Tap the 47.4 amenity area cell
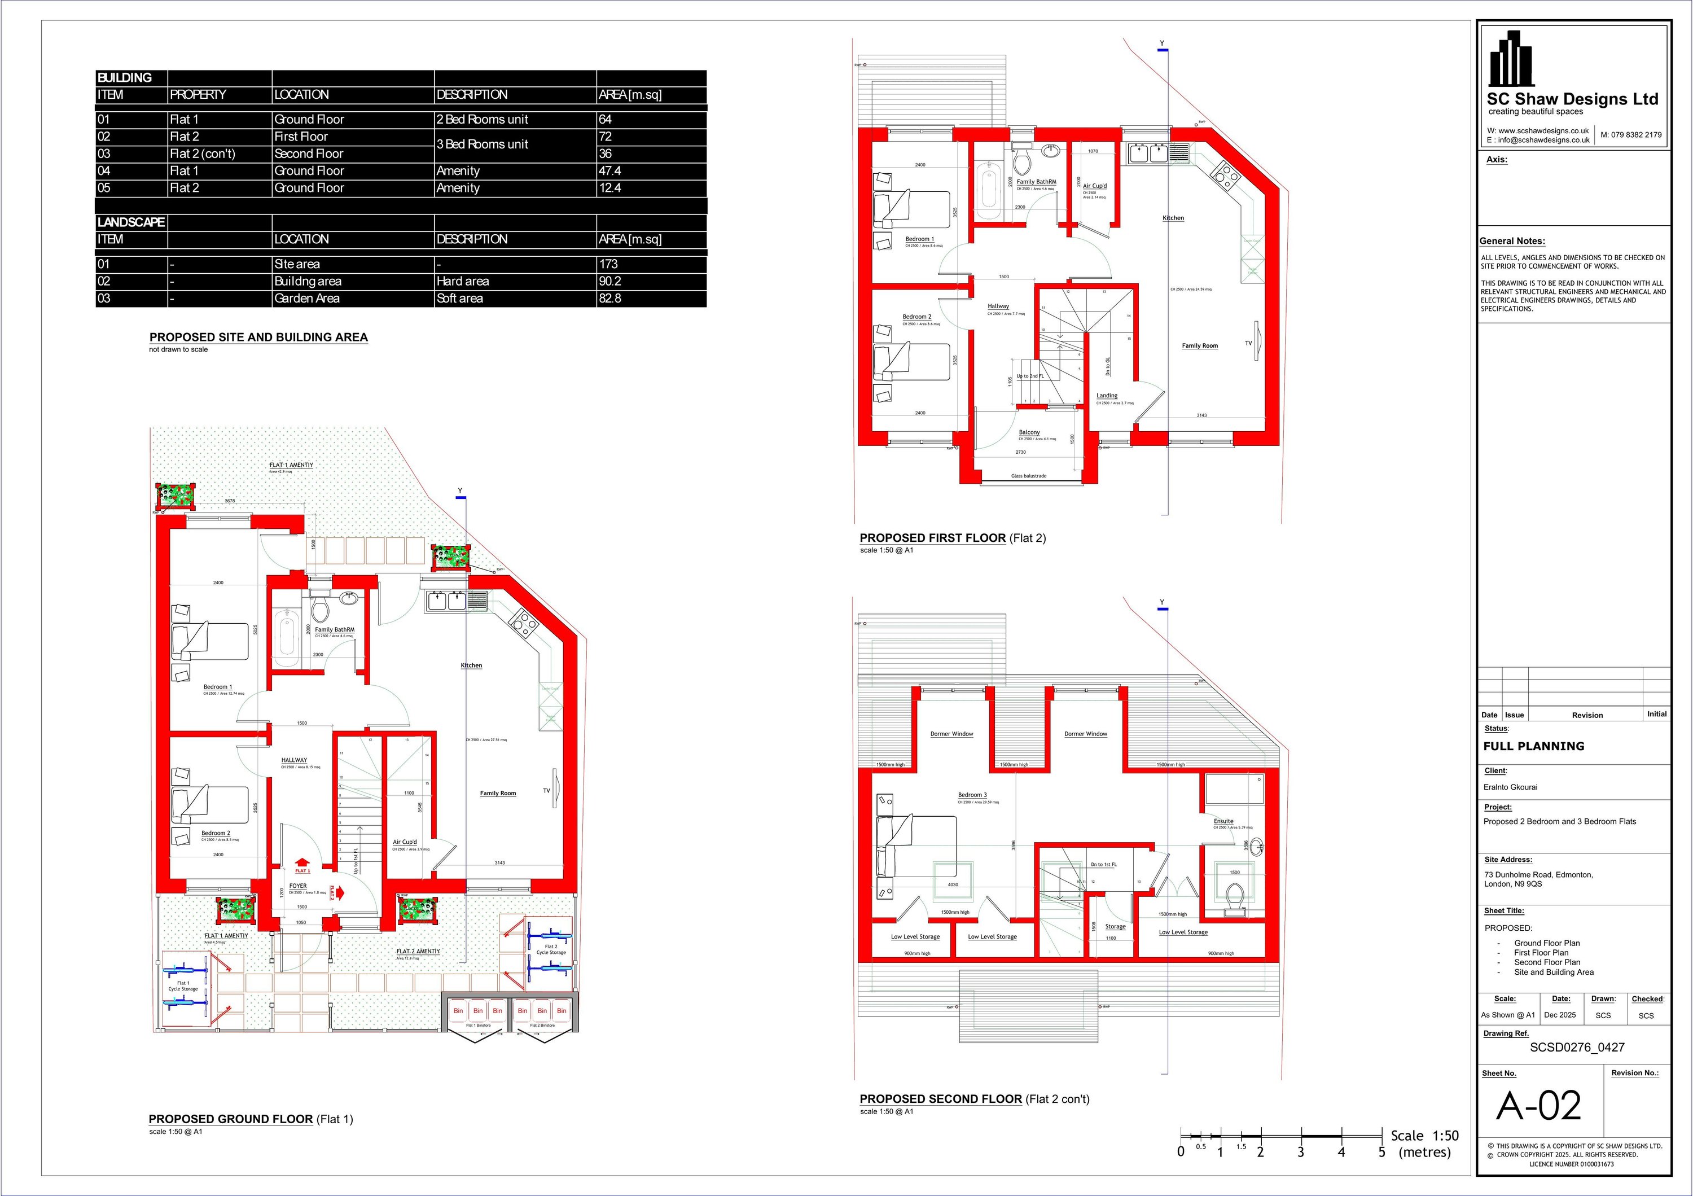click(x=610, y=170)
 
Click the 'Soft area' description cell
click(x=459, y=299)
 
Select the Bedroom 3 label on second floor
click(x=972, y=795)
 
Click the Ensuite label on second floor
click(x=1223, y=821)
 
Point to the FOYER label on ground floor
click(x=298, y=886)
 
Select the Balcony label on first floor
click(x=1029, y=432)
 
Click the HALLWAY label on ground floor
click(x=293, y=760)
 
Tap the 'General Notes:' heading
click(x=1512, y=241)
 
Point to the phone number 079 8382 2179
click(x=1631, y=135)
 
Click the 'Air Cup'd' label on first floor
click(x=1094, y=186)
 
